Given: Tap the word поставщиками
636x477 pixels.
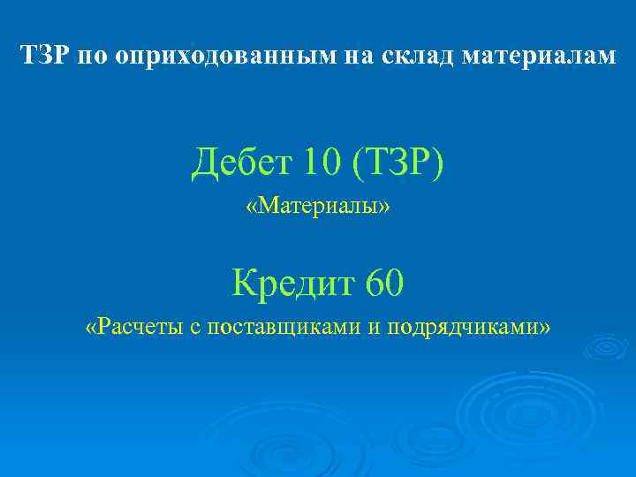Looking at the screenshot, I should pyautogui.click(x=282, y=328).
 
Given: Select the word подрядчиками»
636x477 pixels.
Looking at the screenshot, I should pyautogui.click(x=469, y=328).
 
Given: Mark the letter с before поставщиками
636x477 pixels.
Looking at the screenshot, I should pyautogui.click(x=195, y=328).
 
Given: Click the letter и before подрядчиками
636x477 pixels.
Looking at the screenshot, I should pyautogui.click(x=374, y=328).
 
